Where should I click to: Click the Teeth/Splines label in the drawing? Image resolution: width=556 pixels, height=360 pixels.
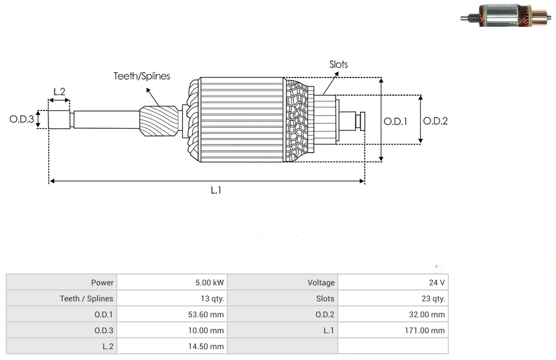pyautogui.click(x=142, y=76)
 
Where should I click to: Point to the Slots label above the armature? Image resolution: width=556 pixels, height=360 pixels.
pyautogui.click(x=338, y=64)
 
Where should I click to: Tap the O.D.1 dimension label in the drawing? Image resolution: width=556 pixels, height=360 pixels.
pyautogui.click(x=395, y=121)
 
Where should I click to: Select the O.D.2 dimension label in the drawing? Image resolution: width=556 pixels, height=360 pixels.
pyautogui.click(x=435, y=121)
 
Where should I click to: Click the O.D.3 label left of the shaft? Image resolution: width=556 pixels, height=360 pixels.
pyautogui.click(x=22, y=120)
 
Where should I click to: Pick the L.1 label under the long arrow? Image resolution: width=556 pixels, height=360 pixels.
pyautogui.click(x=216, y=190)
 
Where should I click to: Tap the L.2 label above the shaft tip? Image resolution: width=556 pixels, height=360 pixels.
pyautogui.click(x=59, y=91)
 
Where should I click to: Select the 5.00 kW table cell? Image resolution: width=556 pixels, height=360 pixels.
pyautogui.click(x=210, y=283)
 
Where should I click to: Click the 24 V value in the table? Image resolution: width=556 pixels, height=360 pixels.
pyautogui.click(x=438, y=283)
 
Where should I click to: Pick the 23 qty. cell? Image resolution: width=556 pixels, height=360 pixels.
pyautogui.click(x=434, y=298)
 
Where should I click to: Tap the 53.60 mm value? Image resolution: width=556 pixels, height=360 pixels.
pyautogui.click(x=208, y=314)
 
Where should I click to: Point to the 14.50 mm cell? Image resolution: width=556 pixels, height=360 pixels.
pyautogui.click(x=208, y=346)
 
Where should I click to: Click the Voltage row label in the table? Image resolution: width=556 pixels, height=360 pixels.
pyautogui.click(x=321, y=283)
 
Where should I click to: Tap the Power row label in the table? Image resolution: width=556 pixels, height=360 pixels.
pyautogui.click(x=103, y=283)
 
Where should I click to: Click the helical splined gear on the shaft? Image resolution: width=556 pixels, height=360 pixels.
pyautogui.click(x=159, y=122)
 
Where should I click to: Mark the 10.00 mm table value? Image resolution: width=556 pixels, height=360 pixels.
pyautogui.click(x=208, y=330)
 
